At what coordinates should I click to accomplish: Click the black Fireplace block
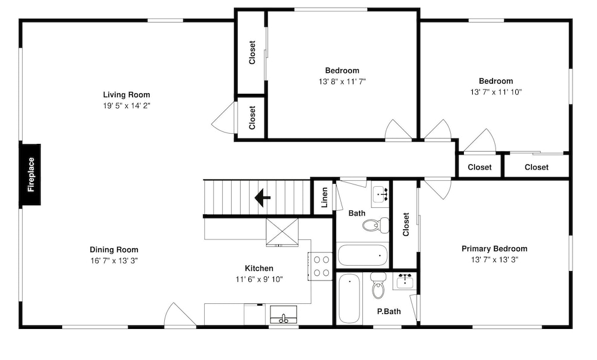click(30, 175)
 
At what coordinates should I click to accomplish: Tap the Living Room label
click(127, 95)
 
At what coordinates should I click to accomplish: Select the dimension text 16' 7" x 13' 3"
click(114, 261)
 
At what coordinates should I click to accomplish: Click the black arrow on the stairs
click(262, 198)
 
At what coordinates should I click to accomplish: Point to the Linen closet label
click(324, 198)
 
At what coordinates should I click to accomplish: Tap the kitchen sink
click(283, 315)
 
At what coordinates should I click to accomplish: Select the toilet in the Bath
click(376, 224)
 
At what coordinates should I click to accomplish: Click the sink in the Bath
click(380, 195)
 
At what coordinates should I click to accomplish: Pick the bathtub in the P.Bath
click(349, 299)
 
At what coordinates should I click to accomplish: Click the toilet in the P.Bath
click(378, 285)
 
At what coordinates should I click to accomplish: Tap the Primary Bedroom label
click(494, 249)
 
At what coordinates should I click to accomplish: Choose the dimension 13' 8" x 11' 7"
click(342, 81)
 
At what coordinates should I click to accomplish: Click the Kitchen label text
click(259, 268)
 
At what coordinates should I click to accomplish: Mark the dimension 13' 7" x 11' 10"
click(496, 92)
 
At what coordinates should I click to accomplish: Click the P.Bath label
click(389, 311)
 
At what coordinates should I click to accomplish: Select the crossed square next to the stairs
click(282, 232)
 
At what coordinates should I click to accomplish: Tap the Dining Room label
click(114, 250)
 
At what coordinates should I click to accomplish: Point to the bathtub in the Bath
click(362, 256)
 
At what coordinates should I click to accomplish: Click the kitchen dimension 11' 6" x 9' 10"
click(259, 279)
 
